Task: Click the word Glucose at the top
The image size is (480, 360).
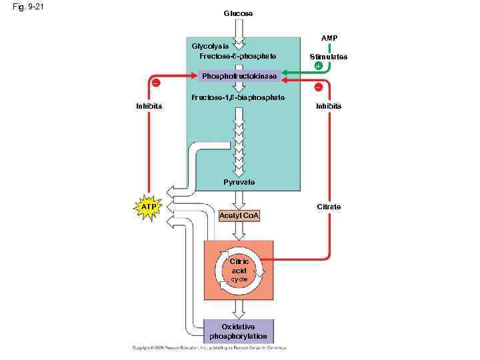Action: point(238,13)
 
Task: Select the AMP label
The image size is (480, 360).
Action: point(329,38)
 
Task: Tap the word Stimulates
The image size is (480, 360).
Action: point(329,57)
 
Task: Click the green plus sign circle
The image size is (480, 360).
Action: point(318,66)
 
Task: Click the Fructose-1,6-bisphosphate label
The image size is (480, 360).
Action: point(238,97)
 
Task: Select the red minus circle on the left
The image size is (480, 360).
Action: point(155,83)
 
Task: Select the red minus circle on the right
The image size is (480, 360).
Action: point(318,87)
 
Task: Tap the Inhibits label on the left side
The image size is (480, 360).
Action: point(149,106)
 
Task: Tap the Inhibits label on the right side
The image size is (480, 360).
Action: point(329,106)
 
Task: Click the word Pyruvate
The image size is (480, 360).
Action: point(239,182)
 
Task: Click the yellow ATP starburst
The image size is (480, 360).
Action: point(149,208)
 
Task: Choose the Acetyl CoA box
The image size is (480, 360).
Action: point(239,216)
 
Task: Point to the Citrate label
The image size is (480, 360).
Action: point(329,207)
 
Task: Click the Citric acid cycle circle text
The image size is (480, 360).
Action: point(239,270)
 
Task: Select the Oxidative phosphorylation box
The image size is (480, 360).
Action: point(239,331)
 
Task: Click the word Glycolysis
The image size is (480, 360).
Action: point(210,46)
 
